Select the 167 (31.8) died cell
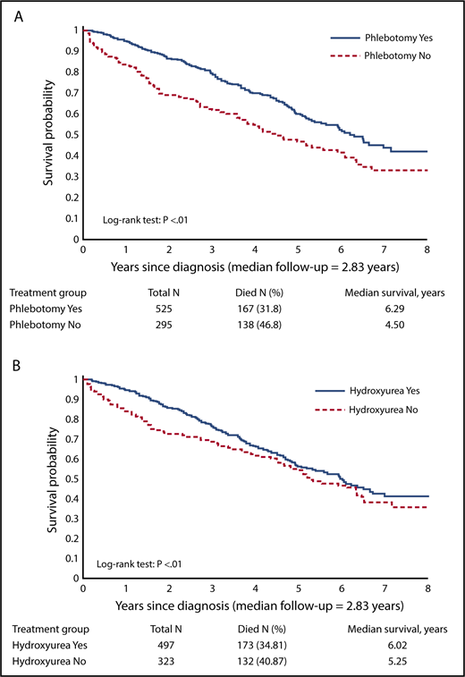(259, 307)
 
